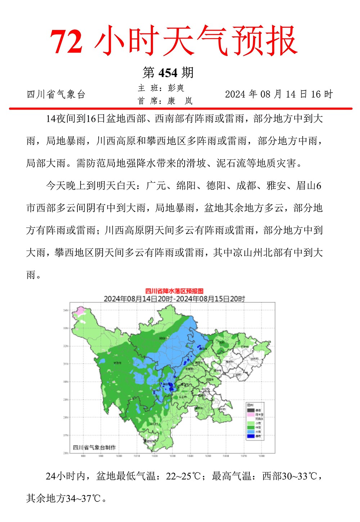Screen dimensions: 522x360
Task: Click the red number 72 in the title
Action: (66, 42)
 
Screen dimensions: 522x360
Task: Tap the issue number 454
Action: (168, 73)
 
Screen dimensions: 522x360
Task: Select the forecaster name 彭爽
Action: (176, 88)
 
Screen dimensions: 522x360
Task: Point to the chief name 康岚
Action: (180, 101)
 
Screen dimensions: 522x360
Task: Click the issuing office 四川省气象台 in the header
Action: (56, 95)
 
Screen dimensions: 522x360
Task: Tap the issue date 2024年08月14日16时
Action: (279, 94)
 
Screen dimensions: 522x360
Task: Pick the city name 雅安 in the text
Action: (276, 186)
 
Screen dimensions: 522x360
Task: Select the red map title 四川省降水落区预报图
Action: (174, 291)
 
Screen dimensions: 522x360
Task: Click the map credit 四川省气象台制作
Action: (94, 447)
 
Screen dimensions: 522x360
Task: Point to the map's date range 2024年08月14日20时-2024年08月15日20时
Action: (174, 299)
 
